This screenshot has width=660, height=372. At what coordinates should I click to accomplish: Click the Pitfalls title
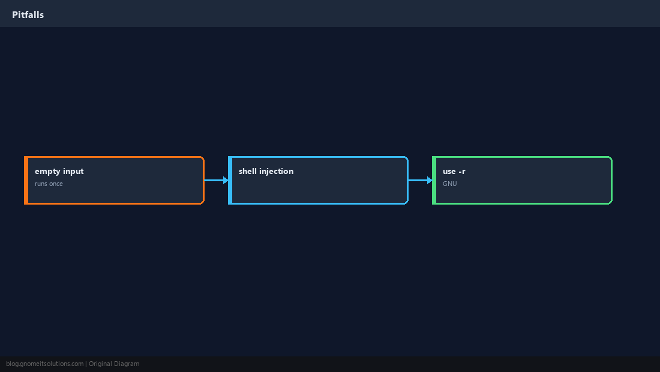[28, 15]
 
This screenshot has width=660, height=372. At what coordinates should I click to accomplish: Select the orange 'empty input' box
[114, 180]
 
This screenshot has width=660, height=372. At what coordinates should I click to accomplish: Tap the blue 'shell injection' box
[318, 180]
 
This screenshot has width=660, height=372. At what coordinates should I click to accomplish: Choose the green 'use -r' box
[522, 180]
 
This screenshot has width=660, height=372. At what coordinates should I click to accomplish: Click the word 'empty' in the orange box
[47, 172]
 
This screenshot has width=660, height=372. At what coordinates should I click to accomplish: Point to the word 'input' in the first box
[73, 172]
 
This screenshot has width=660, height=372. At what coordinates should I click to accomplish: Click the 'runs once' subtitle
[49, 184]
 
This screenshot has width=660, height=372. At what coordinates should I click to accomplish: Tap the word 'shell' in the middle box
[247, 171]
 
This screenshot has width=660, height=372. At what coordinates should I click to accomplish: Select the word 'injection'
[276, 172]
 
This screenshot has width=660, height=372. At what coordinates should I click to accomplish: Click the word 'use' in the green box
[449, 172]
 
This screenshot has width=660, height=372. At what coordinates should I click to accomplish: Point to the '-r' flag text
[462, 172]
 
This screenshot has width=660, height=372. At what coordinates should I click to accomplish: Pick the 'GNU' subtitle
[449, 184]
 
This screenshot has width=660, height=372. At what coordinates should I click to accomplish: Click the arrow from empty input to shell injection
[217, 180]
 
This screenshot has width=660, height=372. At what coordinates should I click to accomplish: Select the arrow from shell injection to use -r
[420, 180]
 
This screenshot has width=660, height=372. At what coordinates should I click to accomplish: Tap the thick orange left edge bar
[26, 180]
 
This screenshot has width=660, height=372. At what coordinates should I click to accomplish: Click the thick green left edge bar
[434, 180]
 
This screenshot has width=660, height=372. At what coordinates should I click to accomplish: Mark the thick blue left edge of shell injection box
[230, 180]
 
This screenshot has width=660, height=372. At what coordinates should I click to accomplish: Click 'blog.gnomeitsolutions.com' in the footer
[44, 364]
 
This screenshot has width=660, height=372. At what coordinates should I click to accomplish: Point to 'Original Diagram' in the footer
[114, 364]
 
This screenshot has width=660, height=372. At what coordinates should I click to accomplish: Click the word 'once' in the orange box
[56, 184]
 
